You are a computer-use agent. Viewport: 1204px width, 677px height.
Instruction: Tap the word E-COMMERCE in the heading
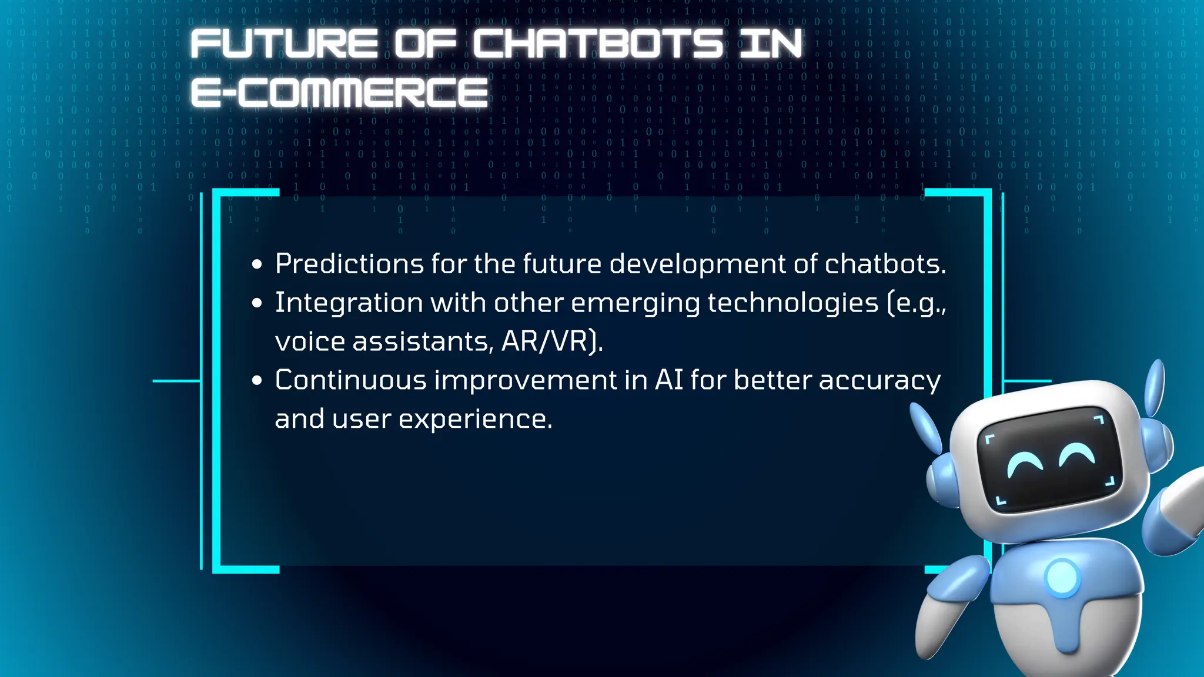339,92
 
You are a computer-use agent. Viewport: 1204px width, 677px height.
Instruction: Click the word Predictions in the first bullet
349,263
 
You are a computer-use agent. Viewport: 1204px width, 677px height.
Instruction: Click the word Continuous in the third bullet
350,380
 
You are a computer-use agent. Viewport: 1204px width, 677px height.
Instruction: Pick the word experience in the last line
476,419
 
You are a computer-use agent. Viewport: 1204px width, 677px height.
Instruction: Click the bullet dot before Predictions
257,265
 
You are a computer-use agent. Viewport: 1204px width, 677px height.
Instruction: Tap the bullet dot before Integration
257,304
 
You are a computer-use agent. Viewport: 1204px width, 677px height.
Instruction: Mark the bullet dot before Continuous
257,381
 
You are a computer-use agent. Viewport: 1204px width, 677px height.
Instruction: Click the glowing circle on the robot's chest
1062,578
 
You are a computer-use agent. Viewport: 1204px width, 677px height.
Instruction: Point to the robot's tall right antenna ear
1155,388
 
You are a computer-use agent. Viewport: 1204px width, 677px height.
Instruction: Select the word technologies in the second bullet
792,303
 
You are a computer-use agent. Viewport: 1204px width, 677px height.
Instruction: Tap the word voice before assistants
310,341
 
